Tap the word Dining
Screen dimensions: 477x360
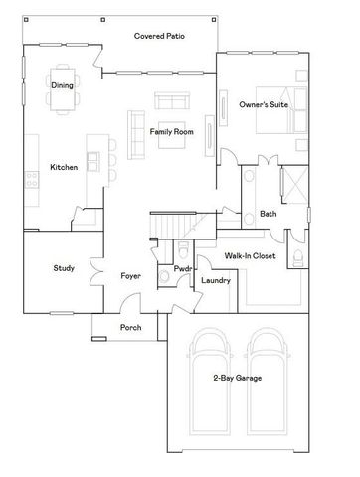tap(62, 85)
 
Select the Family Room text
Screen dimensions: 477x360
tap(171, 131)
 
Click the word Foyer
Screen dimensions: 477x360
tap(130, 275)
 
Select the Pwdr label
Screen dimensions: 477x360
tap(183, 268)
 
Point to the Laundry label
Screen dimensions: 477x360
tap(216, 280)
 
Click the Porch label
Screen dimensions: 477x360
tap(130, 327)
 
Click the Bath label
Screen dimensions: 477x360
tap(269, 214)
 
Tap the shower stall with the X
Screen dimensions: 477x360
tap(294, 185)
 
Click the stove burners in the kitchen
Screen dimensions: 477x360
tap(31, 180)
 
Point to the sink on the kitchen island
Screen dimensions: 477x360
tap(92, 160)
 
